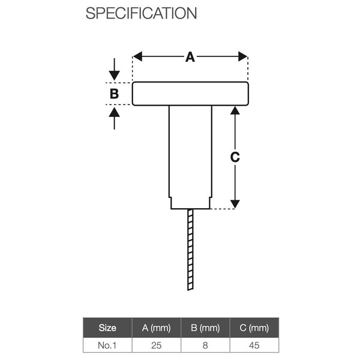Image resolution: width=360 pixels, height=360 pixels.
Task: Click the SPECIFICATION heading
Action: click(x=141, y=13)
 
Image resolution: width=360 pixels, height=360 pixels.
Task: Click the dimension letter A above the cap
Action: click(x=190, y=57)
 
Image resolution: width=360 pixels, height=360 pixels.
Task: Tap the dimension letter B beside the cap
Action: click(x=114, y=94)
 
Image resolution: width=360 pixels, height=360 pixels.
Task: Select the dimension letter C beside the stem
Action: click(x=235, y=157)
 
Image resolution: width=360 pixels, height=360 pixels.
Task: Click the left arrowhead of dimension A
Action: click(x=137, y=56)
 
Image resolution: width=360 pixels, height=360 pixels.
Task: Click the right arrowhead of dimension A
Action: click(x=243, y=56)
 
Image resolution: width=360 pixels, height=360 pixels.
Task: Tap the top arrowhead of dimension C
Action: click(x=235, y=111)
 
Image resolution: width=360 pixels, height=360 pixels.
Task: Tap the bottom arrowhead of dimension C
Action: click(x=235, y=203)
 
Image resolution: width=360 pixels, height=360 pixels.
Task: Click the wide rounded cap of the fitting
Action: click(x=190, y=94)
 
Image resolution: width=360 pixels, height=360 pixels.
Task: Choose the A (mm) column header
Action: click(x=157, y=328)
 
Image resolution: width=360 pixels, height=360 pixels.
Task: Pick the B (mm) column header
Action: click(x=205, y=328)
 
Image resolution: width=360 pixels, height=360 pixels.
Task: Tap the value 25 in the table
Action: click(x=157, y=345)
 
